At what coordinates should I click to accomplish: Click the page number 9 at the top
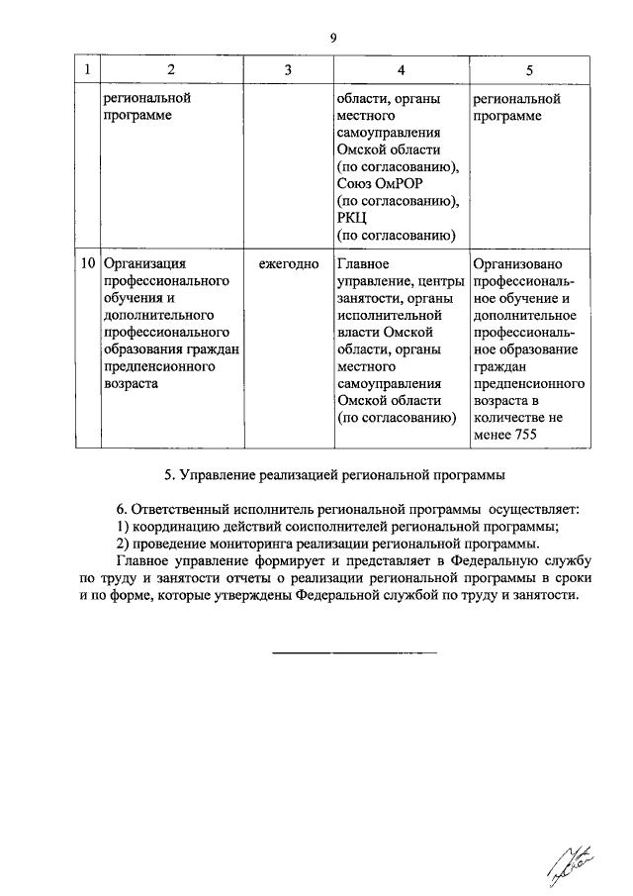[x=333, y=38]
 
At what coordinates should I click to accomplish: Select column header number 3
[x=287, y=70]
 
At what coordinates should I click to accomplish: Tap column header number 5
[x=529, y=70]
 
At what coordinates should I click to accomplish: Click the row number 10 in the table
[x=86, y=264]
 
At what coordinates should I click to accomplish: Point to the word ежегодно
[x=289, y=264]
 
